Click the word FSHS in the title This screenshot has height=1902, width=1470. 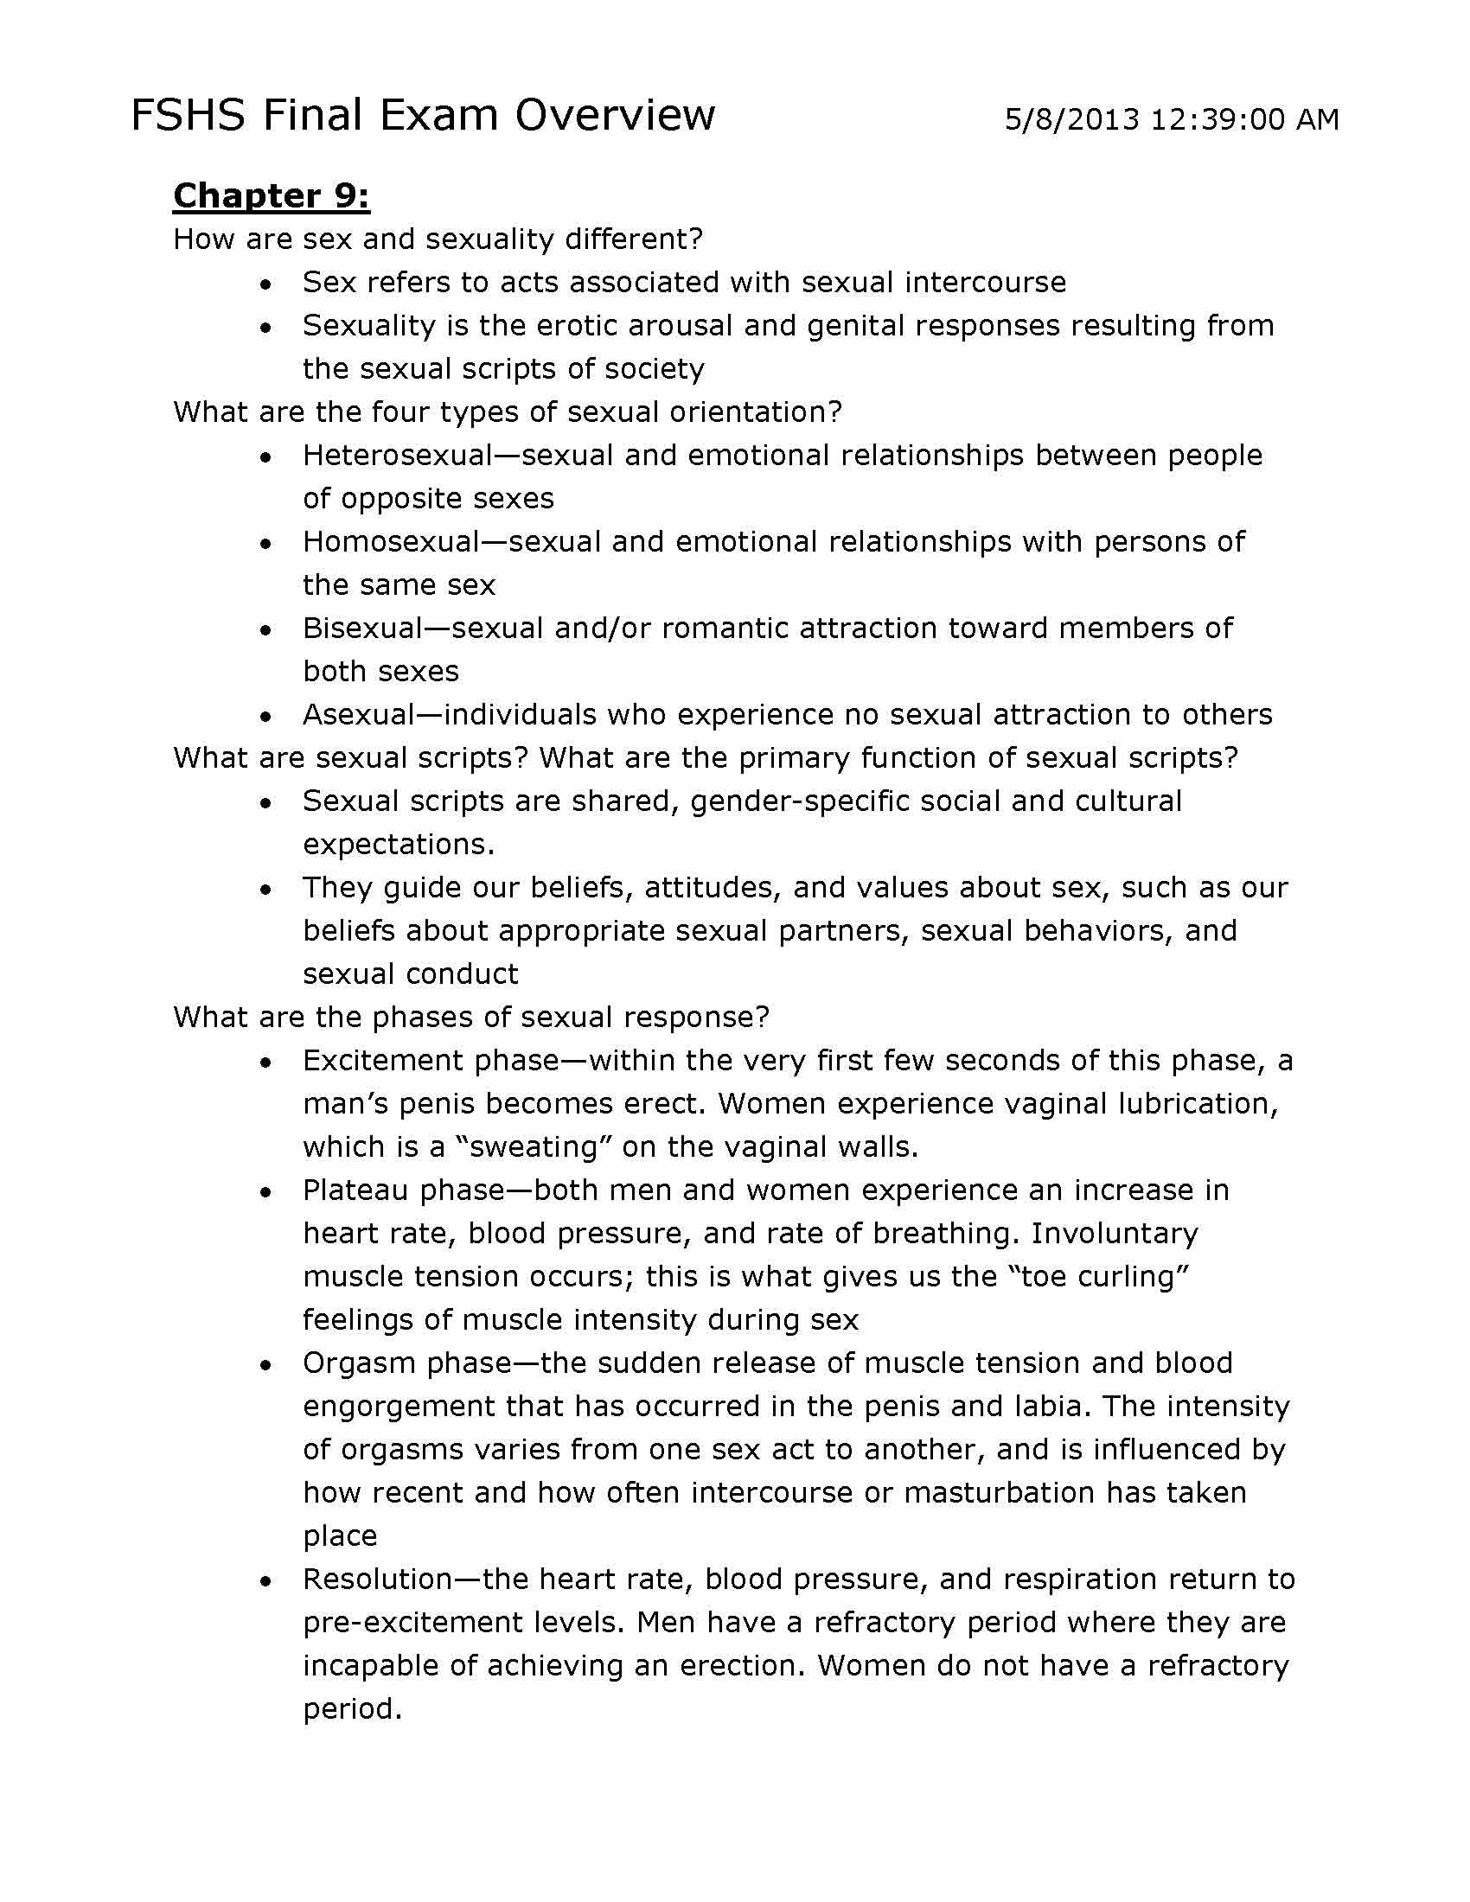point(188,116)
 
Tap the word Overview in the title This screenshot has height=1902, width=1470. point(615,116)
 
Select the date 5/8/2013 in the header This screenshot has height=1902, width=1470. point(1071,119)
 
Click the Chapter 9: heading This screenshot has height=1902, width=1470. point(272,196)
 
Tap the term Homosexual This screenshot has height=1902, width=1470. point(391,542)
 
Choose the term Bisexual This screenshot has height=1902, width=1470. point(362,629)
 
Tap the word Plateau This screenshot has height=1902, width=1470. point(355,1190)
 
